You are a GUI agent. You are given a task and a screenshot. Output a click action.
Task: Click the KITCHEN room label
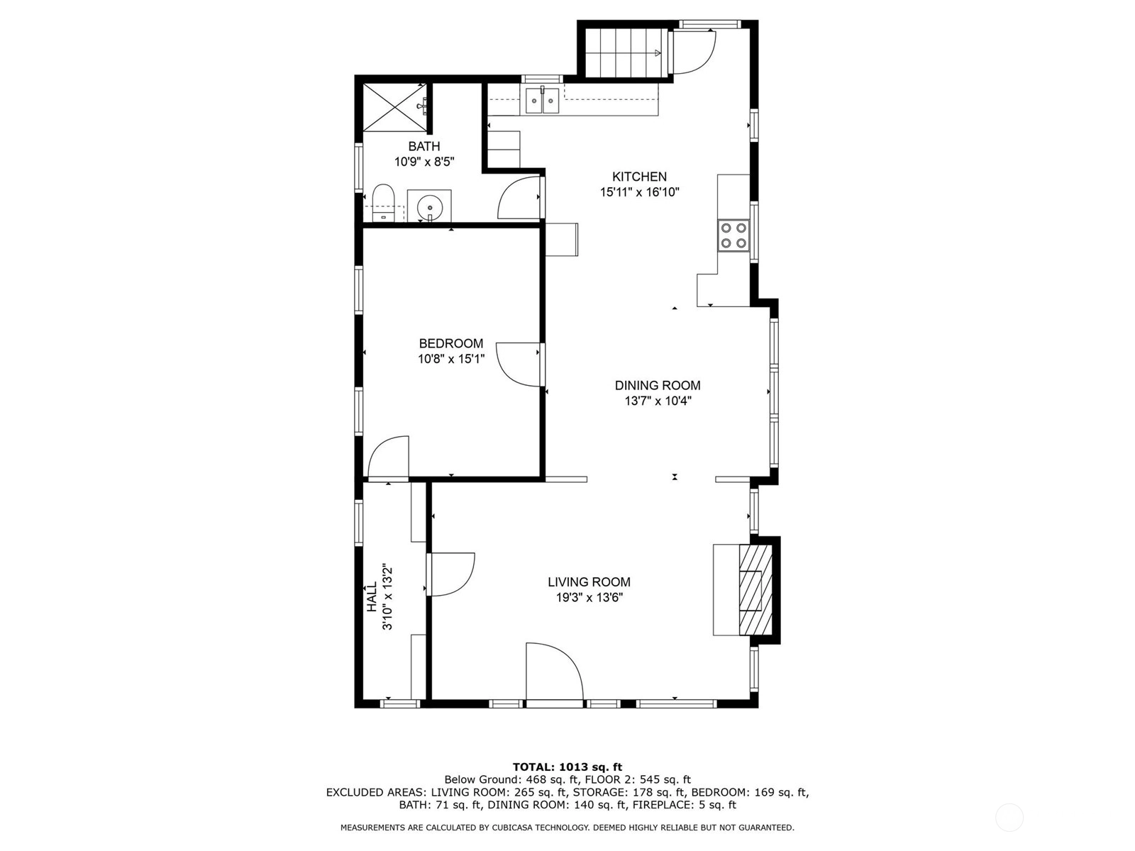pos(639,177)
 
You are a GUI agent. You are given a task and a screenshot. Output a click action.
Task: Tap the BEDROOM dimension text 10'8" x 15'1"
pos(451,359)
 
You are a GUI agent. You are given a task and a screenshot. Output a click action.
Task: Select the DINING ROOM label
pos(657,386)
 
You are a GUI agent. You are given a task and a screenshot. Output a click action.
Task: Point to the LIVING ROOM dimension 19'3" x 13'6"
pos(589,598)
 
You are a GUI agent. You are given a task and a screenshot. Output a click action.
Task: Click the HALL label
pos(372,597)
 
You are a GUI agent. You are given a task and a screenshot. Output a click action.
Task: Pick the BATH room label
pos(424,146)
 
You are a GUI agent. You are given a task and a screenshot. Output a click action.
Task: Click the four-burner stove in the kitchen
pos(733,235)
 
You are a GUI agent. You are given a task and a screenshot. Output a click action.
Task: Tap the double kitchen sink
pos(543,101)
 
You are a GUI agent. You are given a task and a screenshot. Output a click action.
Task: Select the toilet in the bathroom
pos(383,203)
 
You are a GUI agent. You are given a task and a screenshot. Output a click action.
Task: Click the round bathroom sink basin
pos(429,207)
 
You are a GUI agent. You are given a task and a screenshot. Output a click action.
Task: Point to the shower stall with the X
pos(395,107)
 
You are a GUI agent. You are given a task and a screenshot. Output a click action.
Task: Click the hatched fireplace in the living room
pos(755,589)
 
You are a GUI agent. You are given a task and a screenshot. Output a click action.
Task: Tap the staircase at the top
pos(625,52)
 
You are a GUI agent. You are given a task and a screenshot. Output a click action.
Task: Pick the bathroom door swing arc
pos(519,197)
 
